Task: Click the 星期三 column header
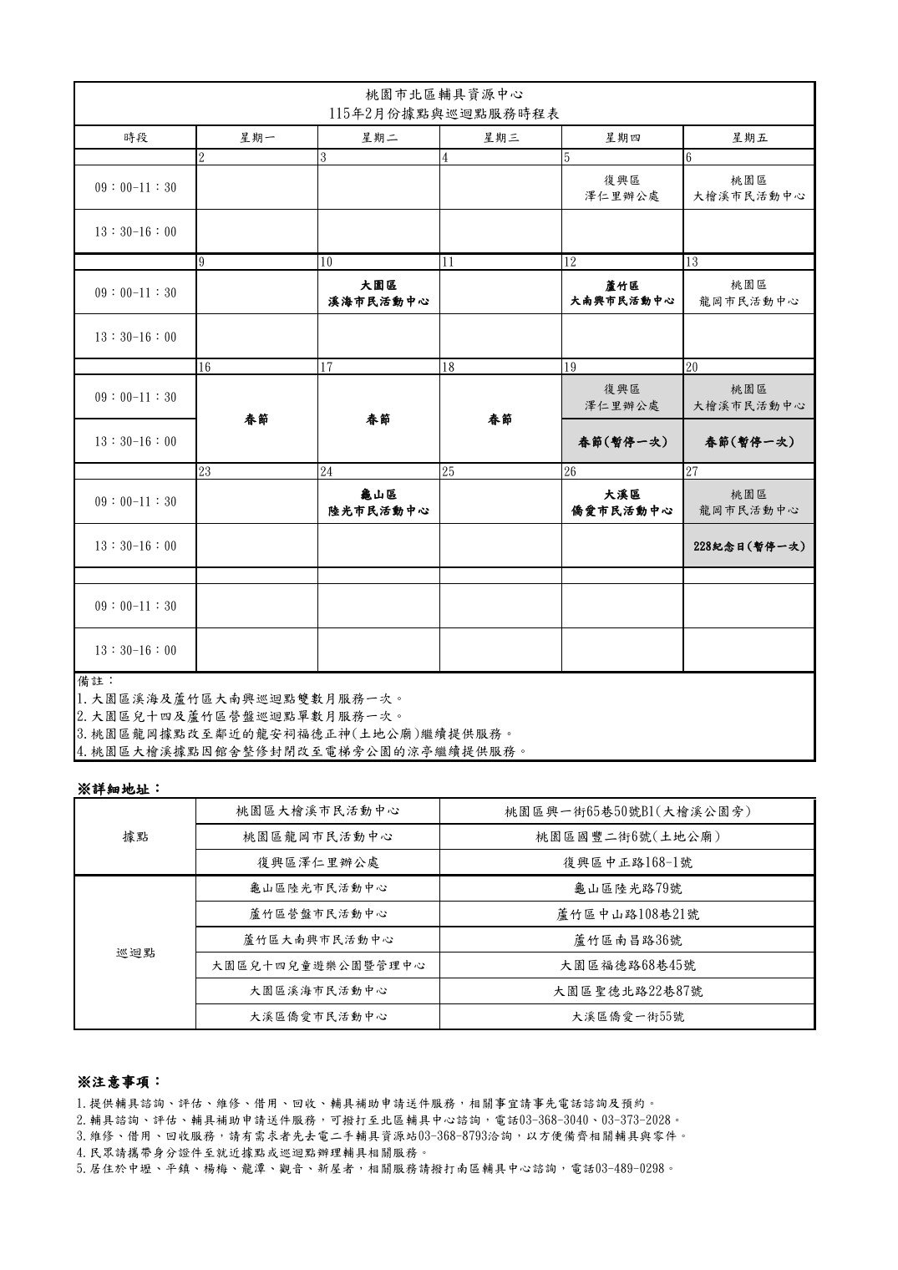pos(500,138)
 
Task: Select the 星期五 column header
pos(748,138)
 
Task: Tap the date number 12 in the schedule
pos(571,262)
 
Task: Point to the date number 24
pos(327,471)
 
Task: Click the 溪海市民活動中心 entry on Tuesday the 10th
pos(378,301)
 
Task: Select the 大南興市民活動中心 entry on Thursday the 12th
pos(622,301)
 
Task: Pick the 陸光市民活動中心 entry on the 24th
pos(378,510)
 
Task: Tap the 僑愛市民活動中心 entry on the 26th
pos(622,510)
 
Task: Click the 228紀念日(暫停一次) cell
pos(748,546)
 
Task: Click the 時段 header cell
pos(134,138)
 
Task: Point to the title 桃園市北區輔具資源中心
pos(444,94)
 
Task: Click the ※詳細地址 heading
pos(119,788)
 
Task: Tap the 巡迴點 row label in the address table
pos(134,952)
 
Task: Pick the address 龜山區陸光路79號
pos(628,889)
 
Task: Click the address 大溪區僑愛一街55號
pos(628,1017)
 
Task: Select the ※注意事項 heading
pos(119,1082)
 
